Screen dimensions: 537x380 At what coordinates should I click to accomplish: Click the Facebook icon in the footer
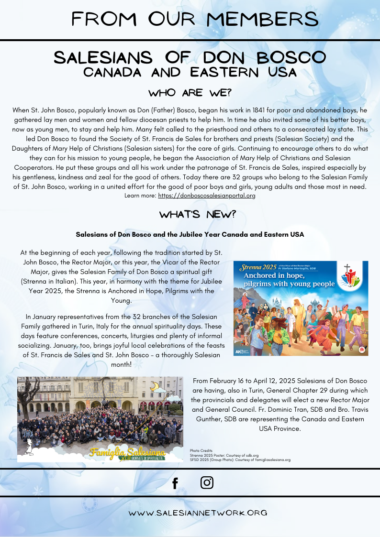click(175, 483)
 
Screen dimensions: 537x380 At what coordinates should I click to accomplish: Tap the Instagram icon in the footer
click(207, 482)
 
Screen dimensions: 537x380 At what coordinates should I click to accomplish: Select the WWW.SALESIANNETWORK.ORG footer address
click(197, 513)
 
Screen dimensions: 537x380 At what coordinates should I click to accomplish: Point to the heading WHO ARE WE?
click(190, 92)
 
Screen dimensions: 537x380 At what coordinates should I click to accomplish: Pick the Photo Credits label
click(201, 450)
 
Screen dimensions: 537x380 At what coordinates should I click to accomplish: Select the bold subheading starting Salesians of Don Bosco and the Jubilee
click(190, 235)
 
